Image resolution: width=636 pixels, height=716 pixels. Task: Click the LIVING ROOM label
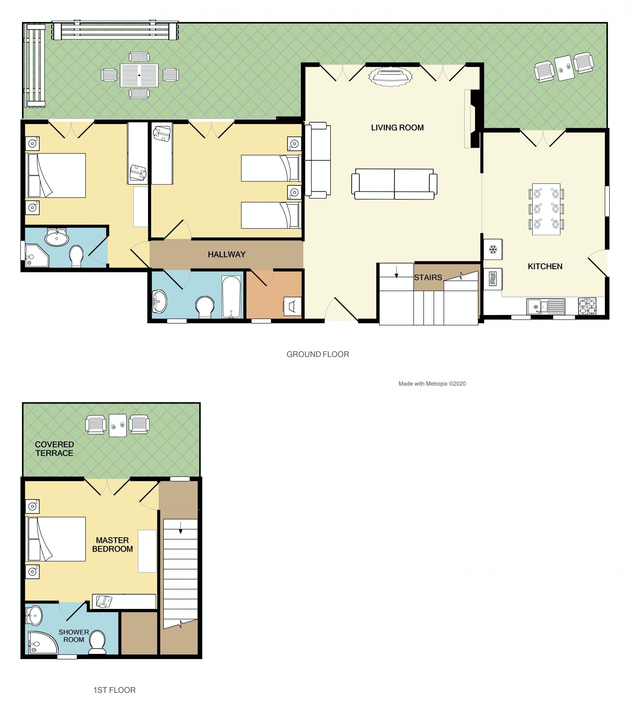[397, 128]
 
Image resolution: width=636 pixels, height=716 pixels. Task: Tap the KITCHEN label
[545, 267]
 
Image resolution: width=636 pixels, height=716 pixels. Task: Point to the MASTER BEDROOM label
[112, 545]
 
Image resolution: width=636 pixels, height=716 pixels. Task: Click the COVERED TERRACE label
[54, 449]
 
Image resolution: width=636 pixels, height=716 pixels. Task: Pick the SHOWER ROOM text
[73, 636]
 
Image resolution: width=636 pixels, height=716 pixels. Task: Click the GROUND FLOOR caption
[318, 354]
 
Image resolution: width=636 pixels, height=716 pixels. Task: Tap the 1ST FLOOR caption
[115, 690]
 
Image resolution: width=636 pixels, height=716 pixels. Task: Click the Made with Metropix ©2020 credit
[432, 383]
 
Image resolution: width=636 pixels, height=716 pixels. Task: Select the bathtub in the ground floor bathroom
[231, 297]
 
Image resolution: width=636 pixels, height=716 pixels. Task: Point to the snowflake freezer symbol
[493, 250]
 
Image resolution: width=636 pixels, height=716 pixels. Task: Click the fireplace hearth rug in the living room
[390, 76]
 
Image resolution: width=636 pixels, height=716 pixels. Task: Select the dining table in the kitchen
[546, 209]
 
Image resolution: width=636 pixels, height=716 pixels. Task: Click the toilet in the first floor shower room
[97, 642]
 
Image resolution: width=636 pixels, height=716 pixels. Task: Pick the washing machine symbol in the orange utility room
[292, 307]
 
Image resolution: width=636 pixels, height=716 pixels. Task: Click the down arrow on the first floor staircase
[181, 528]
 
